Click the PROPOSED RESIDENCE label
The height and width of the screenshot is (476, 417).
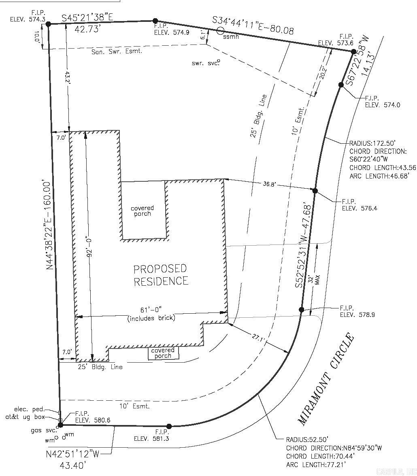pyautogui.click(x=161, y=275)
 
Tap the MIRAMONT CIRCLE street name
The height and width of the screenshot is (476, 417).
pyautogui.click(x=326, y=379)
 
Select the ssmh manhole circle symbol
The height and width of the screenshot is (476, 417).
pyautogui.click(x=220, y=30)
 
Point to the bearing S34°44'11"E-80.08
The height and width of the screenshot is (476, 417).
pyautogui.click(x=253, y=25)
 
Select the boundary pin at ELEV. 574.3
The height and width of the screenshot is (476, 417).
pyautogui.click(x=48, y=24)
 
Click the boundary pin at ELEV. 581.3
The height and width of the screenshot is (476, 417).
pyautogui.click(x=169, y=426)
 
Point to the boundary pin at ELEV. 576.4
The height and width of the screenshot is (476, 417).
pyautogui.click(x=315, y=191)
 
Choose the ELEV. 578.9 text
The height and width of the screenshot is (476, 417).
pyautogui.click(x=357, y=314)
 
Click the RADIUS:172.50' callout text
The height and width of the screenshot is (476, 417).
pyautogui.click(x=372, y=143)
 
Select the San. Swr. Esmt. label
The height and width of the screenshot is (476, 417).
pyautogui.click(x=117, y=52)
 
